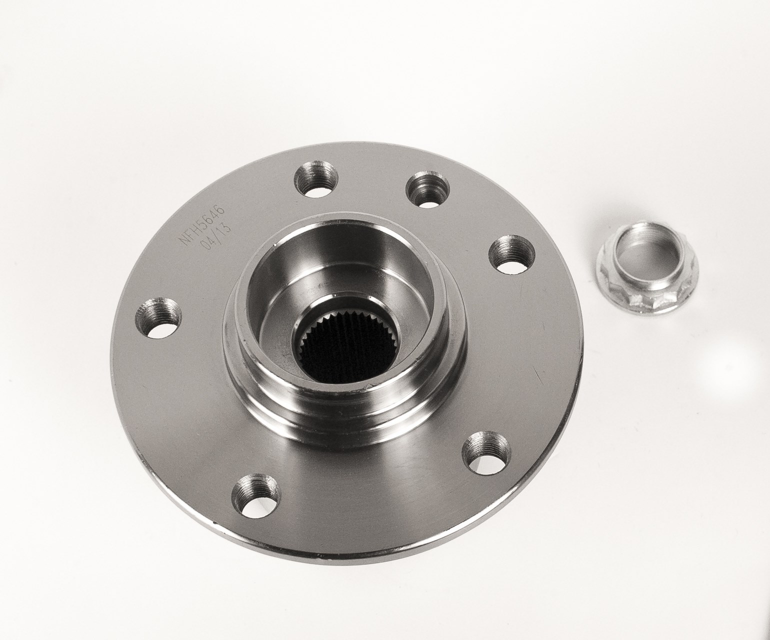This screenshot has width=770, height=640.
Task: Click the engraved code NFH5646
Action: [201, 225]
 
